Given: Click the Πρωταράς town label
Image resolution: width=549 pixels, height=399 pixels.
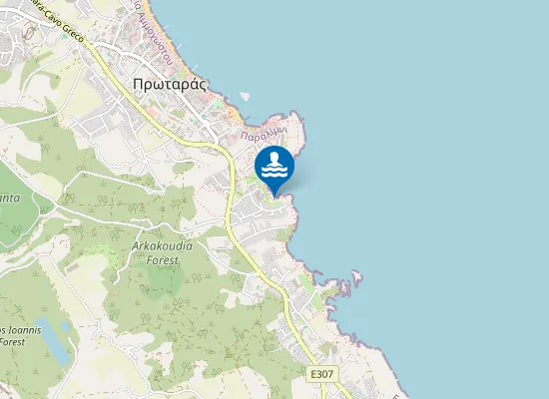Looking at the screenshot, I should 169,84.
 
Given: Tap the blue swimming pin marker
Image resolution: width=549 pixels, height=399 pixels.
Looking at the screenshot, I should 274,167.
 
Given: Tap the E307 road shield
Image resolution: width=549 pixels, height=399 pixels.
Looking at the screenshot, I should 321,374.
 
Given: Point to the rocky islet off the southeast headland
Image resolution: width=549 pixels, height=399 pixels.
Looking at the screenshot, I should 356,276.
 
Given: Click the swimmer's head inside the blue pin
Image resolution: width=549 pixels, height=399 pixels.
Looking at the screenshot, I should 274,158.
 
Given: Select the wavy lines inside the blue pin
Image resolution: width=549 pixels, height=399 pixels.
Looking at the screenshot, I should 274,173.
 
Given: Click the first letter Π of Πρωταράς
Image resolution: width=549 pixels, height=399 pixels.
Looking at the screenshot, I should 137,84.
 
